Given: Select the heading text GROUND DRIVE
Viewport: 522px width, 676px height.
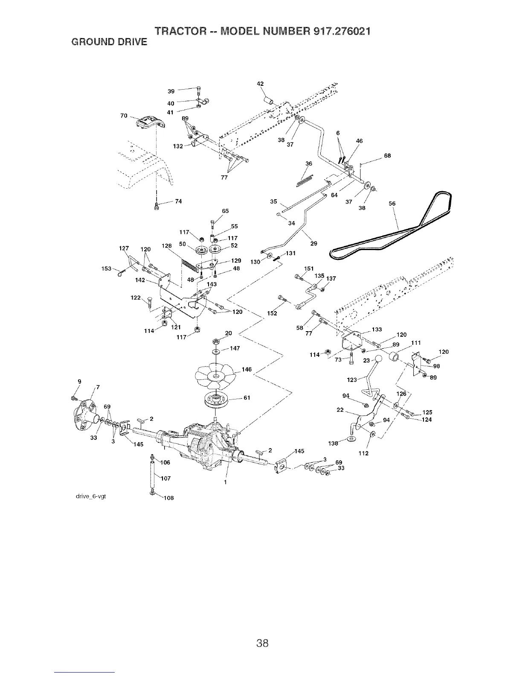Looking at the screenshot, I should (108, 42).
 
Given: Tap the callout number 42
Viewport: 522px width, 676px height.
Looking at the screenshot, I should (259, 84).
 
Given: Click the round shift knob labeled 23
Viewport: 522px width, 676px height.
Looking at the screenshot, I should (378, 360).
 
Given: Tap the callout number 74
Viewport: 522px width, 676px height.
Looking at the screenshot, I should (179, 202).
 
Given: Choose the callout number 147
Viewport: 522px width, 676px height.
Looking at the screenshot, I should (235, 348).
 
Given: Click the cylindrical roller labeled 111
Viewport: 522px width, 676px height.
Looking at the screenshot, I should (396, 355).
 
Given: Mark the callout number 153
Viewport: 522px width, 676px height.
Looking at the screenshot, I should (106, 268).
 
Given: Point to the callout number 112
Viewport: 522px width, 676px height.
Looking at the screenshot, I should (363, 453).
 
